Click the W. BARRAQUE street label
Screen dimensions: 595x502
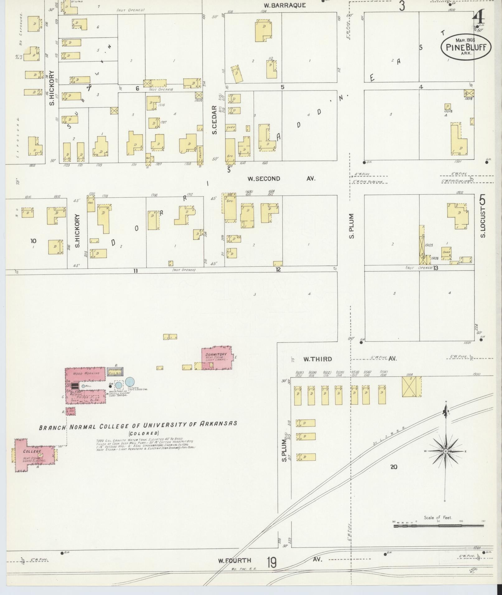point(285,5)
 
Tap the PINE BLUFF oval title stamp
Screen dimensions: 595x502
point(466,47)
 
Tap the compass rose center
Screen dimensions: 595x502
point(445,451)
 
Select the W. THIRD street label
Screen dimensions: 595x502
point(318,359)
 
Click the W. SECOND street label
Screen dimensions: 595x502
point(264,179)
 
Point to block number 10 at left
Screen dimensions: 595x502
point(33,241)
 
